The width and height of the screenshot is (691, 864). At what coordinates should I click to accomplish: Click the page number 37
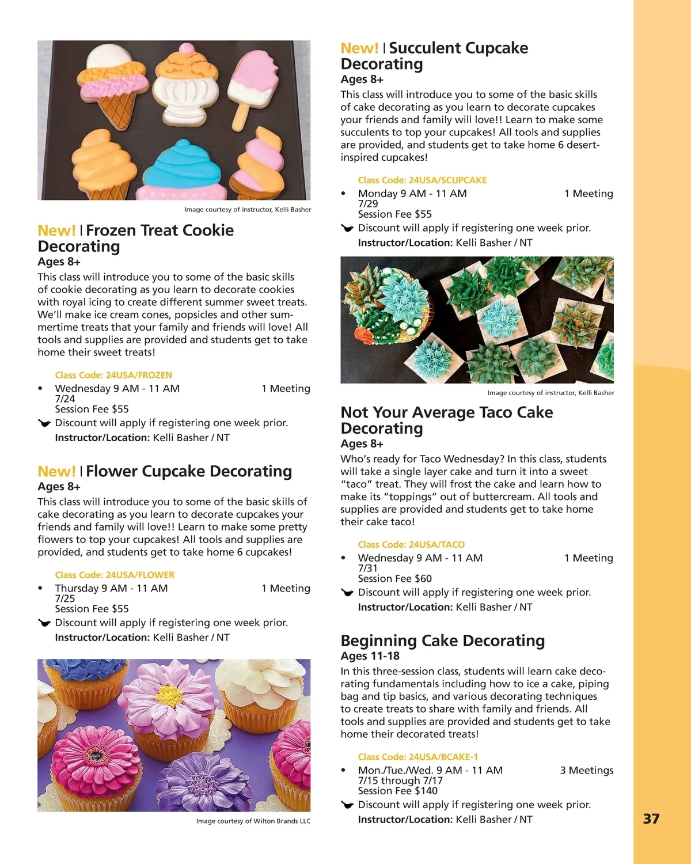tap(651, 818)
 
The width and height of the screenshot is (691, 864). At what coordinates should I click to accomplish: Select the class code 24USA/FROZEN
tap(113, 375)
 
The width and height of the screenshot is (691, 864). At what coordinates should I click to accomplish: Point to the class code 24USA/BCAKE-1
tap(417, 757)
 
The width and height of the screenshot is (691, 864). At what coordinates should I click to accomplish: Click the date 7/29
tap(368, 204)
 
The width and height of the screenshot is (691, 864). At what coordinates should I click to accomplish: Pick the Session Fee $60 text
tap(394, 578)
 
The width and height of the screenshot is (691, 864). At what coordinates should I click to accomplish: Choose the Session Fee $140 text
tap(397, 791)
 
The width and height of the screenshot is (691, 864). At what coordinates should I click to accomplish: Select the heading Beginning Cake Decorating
tap(442, 641)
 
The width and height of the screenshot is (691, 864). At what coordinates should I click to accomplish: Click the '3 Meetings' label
tap(586, 770)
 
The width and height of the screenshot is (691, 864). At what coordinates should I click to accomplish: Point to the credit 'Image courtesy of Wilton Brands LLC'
tap(253, 821)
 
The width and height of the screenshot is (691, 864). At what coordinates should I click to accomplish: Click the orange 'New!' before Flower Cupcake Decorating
tap(56, 471)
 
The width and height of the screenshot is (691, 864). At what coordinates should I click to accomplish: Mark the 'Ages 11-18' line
tap(370, 656)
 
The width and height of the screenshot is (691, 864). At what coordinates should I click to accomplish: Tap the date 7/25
tap(65, 598)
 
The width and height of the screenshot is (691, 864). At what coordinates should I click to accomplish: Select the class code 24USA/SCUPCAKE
tap(422, 180)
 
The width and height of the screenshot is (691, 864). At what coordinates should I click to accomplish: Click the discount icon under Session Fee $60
tap(347, 593)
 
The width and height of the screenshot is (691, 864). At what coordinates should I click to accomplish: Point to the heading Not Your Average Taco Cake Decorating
tap(446, 420)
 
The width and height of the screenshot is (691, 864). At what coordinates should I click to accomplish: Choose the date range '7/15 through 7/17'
tap(400, 780)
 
